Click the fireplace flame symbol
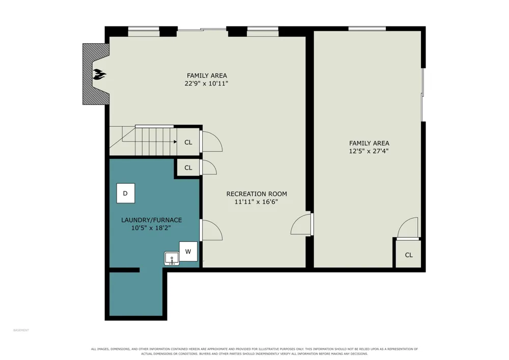click(x=99, y=75)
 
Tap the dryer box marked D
click(x=126, y=193)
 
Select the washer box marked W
click(x=188, y=251)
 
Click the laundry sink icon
click(x=172, y=259)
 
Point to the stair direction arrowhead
click(x=175, y=142)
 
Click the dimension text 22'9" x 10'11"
click(x=207, y=84)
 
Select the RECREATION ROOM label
click(x=257, y=194)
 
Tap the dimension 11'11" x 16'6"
click(x=256, y=202)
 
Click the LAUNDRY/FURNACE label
click(x=151, y=220)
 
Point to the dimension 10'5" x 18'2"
click(x=151, y=228)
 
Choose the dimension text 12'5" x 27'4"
click(x=369, y=151)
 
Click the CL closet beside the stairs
click(x=188, y=142)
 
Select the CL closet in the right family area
click(x=409, y=255)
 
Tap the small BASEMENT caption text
click(x=21, y=330)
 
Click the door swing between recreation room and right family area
click(x=301, y=224)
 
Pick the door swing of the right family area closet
click(x=408, y=228)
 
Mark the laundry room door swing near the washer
click(x=212, y=230)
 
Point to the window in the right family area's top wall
click(x=367, y=29)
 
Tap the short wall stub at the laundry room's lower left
click(x=124, y=270)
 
